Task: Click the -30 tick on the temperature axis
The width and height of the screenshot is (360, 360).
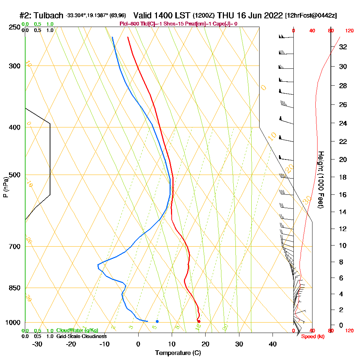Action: click(x=37, y=344)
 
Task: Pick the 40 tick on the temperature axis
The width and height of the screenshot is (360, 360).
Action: click(x=273, y=344)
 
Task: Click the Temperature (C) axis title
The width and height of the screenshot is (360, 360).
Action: click(x=178, y=353)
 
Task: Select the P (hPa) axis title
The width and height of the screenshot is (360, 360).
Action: click(x=5, y=187)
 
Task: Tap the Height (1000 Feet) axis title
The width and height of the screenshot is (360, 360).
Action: click(x=320, y=180)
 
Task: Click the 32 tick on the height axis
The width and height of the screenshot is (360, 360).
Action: click(x=343, y=47)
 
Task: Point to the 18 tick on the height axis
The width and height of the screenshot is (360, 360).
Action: click(x=343, y=177)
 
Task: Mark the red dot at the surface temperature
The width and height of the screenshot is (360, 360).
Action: click(x=199, y=321)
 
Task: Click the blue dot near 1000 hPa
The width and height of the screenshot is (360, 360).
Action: click(x=157, y=321)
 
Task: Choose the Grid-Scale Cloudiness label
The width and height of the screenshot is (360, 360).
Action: click(x=81, y=336)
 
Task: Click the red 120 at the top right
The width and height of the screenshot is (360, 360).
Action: click(x=349, y=31)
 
